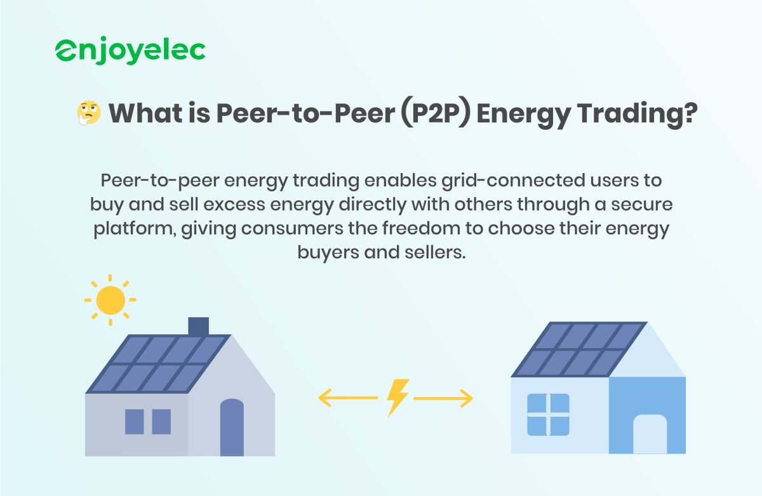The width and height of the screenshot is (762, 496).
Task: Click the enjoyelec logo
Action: point(130,51)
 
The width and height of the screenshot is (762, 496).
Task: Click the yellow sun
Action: point(111,300)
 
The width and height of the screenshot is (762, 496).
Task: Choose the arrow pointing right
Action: point(444,398)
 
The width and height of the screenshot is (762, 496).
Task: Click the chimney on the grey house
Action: point(199,326)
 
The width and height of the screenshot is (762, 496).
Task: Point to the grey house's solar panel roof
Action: point(159,363)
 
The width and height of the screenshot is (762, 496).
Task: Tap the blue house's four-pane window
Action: point(548,414)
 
